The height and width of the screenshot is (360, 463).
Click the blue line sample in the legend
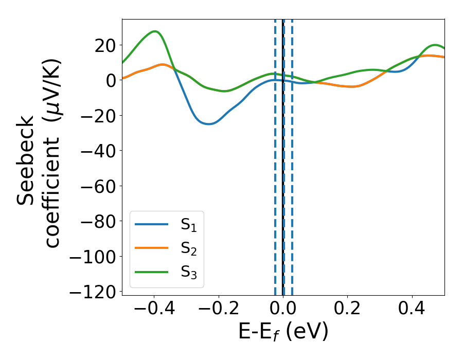(x=152, y=224)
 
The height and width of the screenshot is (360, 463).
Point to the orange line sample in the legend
(x=152, y=248)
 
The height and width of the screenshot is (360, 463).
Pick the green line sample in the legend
(x=152, y=272)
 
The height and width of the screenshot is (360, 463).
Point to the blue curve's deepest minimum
(x=208, y=124)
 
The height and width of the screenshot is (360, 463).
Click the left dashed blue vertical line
(x=275, y=154)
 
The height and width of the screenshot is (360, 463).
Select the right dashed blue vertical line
(x=292, y=154)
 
